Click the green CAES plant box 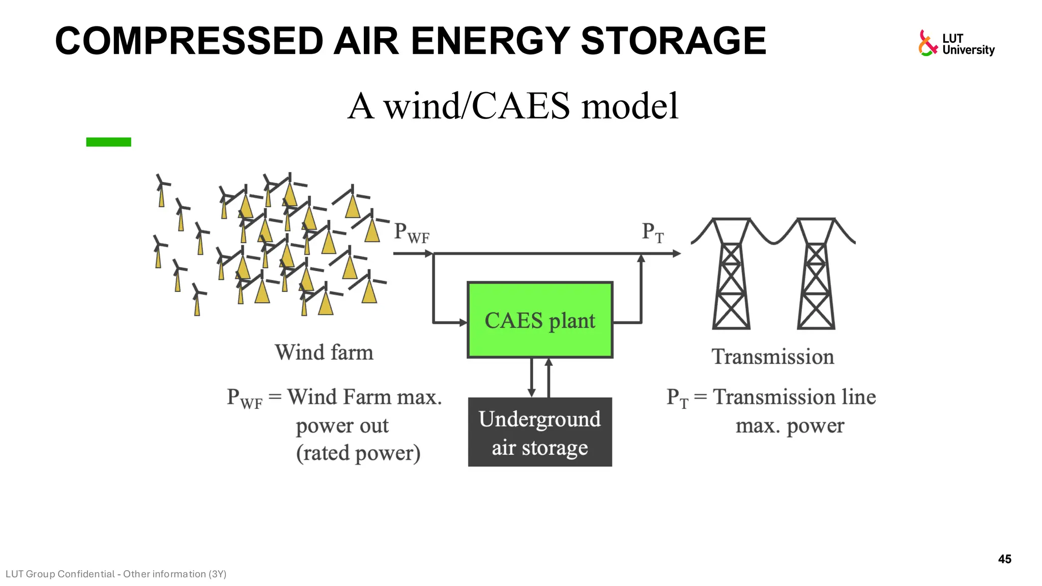[540, 320]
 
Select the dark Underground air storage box [540, 432]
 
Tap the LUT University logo [956, 43]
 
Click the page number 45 [1004, 559]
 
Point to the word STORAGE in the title [673, 41]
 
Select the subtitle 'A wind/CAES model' [513, 106]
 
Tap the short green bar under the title [108, 142]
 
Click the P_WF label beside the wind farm [411, 233]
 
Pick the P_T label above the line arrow [652, 233]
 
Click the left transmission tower [731, 275]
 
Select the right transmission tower [816, 275]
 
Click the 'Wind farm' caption [324, 353]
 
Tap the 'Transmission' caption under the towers [772, 357]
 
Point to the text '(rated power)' [358, 453]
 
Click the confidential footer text [116, 574]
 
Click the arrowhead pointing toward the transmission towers [676, 253]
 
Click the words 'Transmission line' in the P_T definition [794, 397]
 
